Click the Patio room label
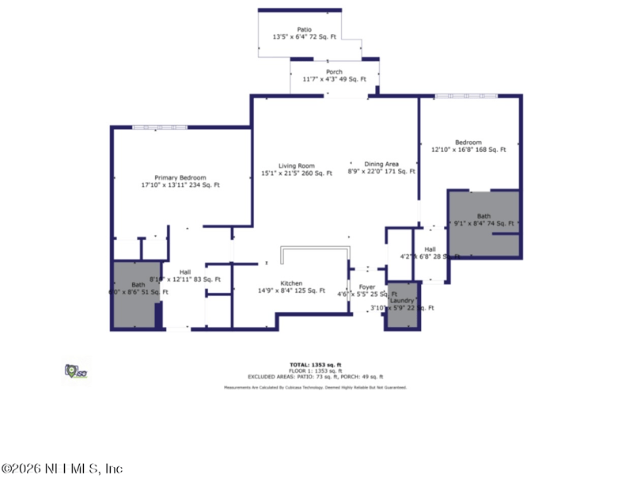[x=305, y=28]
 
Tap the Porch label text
[x=334, y=71]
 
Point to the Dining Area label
[x=381, y=164]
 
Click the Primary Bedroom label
[x=180, y=177]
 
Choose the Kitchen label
[x=291, y=283]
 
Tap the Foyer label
[x=366, y=287]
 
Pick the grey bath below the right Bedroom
[x=483, y=223]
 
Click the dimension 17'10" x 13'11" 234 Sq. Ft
[x=180, y=185]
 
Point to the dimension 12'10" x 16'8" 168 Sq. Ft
[x=468, y=150]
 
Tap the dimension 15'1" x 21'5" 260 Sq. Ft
[x=297, y=173]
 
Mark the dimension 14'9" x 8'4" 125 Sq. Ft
[x=291, y=291]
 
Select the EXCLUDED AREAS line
[x=315, y=377]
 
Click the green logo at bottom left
[x=74, y=370]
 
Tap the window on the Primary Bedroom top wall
[x=159, y=126]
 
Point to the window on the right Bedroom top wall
[x=466, y=96]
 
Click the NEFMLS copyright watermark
[x=62, y=469]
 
